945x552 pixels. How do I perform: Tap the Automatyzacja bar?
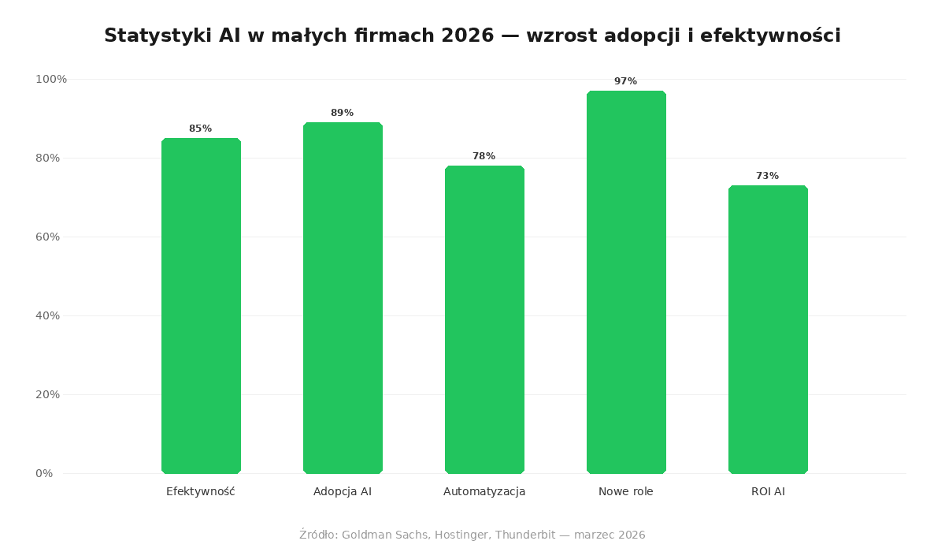click(x=484, y=319)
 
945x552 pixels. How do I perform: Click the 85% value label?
click(x=201, y=129)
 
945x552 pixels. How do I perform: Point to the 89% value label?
click(x=343, y=114)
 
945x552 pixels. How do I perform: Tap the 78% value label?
click(x=484, y=157)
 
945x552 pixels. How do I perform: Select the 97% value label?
click(x=626, y=82)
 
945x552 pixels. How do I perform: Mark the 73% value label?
click(x=768, y=177)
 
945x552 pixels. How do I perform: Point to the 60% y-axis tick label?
click(x=48, y=237)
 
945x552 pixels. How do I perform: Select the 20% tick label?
click(x=48, y=395)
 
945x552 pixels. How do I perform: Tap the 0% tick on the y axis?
click(x=44, y=474)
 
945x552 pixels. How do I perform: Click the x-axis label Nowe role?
click(x=626, y=492)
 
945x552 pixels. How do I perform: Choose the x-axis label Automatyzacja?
click(x=484, y=492)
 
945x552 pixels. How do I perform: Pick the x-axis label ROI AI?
click(x=768, y=492)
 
